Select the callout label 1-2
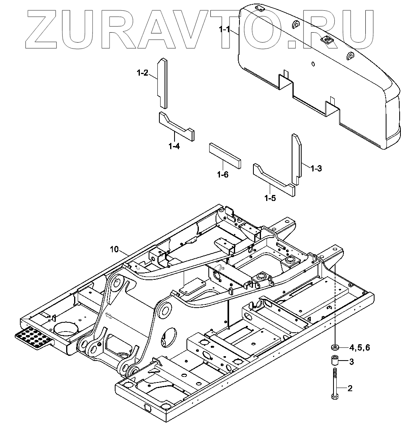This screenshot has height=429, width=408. tap(142, 73)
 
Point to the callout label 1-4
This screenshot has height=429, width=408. tap(174, 146)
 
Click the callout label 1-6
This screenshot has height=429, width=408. tap(223, 174)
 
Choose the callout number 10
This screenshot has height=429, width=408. tap(114, 249)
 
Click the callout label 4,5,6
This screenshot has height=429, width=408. tap(359, 348)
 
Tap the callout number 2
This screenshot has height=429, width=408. tap(350, 388)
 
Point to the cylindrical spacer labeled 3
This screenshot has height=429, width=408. tap(334, 362)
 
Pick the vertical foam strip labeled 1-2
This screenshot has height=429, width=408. tap(163, 83)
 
